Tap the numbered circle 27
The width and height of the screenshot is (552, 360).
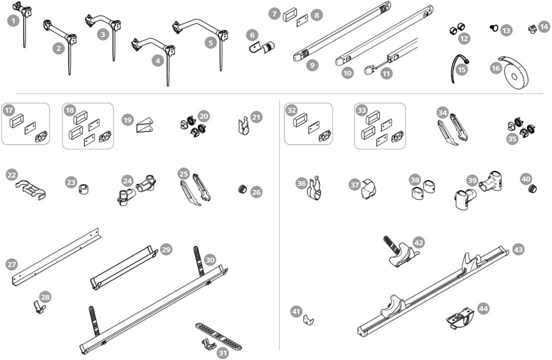11,263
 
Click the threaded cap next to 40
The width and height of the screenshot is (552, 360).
533,188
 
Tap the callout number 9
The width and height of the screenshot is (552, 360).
312,65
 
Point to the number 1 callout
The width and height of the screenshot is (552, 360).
13,21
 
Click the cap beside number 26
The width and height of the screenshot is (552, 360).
243,189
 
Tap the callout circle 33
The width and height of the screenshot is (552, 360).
361,110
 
